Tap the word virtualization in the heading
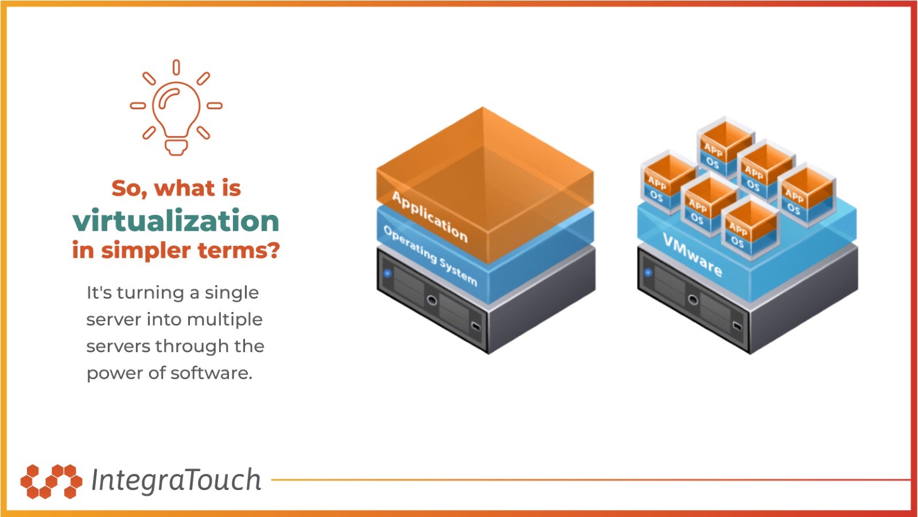coord(176,221)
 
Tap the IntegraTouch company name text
coord(176,480)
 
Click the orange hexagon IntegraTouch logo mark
coord(51,481)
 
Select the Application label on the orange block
coord(430,216)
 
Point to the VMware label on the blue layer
coord(693,254)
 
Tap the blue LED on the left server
coord(387,273)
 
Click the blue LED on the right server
coord(648,272)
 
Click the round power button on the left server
coord(432,300)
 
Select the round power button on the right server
coord(693,299)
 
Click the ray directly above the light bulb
coord(176,67)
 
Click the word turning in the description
coord(150,293)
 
